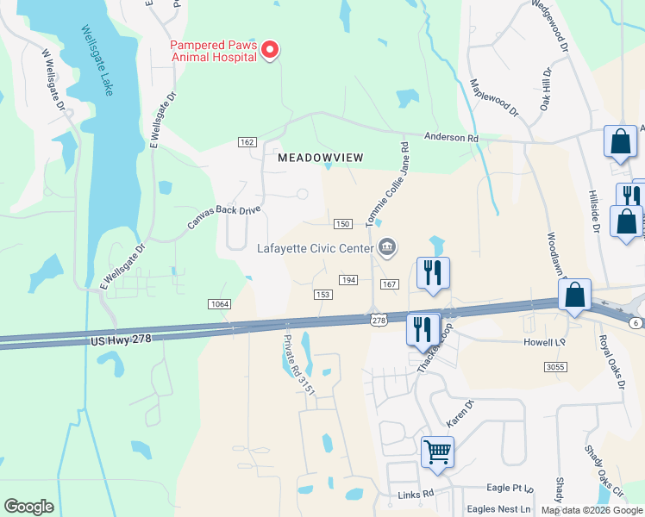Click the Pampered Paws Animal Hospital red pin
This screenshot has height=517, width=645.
[x=269, y=50]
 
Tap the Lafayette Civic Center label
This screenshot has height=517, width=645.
[x=315, y=249]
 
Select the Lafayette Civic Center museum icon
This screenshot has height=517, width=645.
[x=386, y=249]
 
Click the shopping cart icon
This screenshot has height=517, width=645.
[x=438, y=451]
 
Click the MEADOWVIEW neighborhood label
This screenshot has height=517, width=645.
[x=321, y=158]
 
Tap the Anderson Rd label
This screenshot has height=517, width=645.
[x=451, y=137]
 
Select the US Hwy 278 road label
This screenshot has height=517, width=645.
[x=121, y=340]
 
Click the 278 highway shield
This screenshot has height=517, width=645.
[x=378, y=321]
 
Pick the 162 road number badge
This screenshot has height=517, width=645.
[x=248, y=141]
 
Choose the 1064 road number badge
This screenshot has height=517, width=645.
[x=219, y=303]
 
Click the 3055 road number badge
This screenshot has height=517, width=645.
[x=556, y=367]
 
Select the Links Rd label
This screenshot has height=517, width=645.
[x=415, y=495]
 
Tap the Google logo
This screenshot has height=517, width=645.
[x=28, y=507]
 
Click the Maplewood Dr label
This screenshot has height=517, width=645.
[x=494, y=97]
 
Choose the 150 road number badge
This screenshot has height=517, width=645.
[x=342, y=224]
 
